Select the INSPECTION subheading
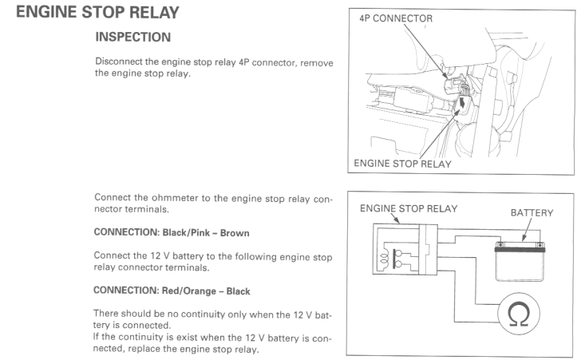pyautogui.click(x=134, y=38)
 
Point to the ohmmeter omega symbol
pyautogui.click(x=523, y=316)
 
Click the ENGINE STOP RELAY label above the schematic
pyautogui.click(x=409, y=208)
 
